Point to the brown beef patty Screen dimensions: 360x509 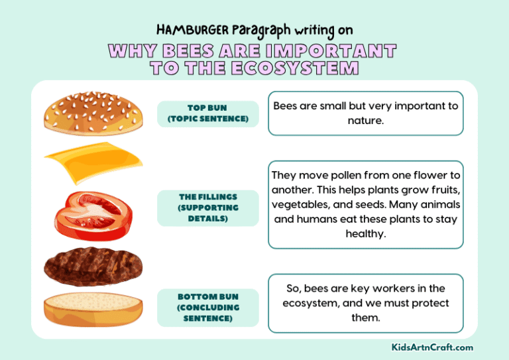pyautogui.click(x=93, y=267)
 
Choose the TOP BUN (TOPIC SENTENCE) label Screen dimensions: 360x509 pyautogui.click(x=208, y=113)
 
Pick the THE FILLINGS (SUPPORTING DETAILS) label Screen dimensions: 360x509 pyautogui.click(x=208, y=208)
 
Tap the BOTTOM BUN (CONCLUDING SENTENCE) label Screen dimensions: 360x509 pyautogui.click(x=208, y=308)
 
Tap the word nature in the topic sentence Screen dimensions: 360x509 pyautogui.click(x=365, y=121)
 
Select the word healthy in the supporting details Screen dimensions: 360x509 pyautogui.click(x=365, y=234)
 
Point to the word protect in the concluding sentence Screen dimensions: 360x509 pyautogui.click(x=427, y=303)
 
